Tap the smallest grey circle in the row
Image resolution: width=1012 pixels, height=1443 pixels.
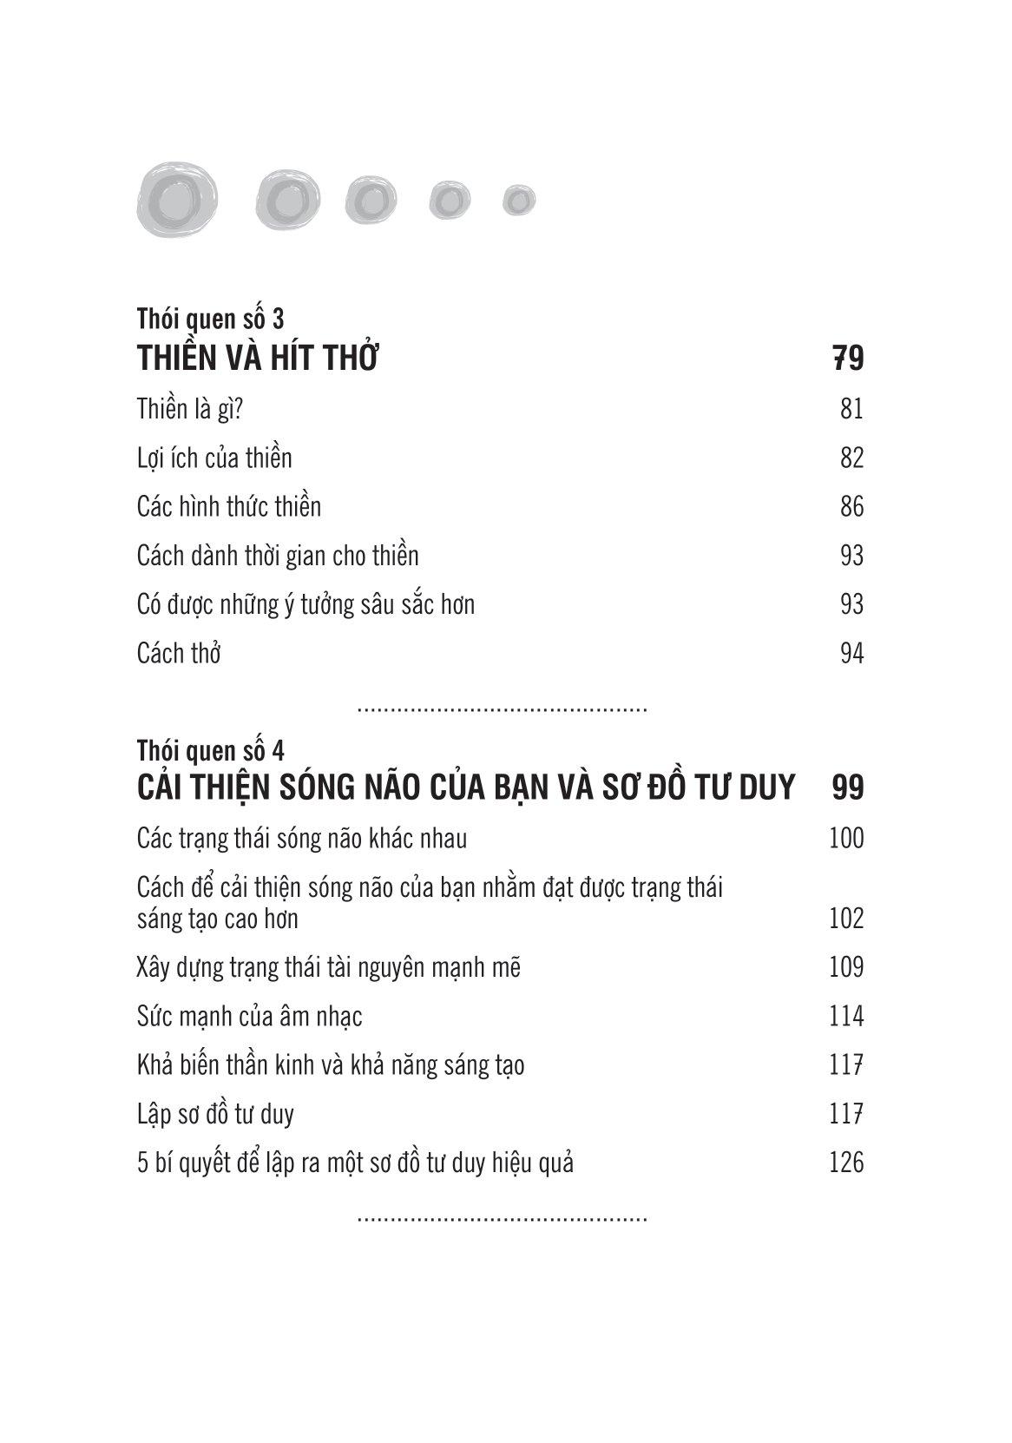pos(518,201)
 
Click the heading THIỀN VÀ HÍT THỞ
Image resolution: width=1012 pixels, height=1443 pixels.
pos(258,359)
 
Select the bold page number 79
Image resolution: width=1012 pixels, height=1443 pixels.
pos(848,359)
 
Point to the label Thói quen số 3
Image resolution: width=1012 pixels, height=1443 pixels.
pos(210,319)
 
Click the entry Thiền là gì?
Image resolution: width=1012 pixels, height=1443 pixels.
pos(189,408)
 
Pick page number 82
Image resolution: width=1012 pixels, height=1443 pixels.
pos(851,458)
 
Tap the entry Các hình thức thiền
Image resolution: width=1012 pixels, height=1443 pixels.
pos(229,506)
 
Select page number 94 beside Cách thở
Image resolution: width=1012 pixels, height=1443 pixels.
pos(851,653)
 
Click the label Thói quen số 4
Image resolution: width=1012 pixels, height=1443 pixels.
pos(210,750)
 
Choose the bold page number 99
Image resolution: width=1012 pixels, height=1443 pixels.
pos(848,787)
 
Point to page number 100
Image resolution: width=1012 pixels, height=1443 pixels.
pos(846,838)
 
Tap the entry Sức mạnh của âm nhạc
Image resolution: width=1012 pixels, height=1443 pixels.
pos(249,1016)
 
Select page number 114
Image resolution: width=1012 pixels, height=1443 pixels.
pos(846,1016)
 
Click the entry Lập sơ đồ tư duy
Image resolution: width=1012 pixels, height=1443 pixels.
pos(215,1113)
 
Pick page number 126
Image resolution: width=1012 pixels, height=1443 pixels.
pos(846,1162)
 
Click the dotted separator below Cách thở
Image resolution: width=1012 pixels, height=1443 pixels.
pos(503,710)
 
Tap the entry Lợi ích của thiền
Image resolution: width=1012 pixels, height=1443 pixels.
pos(214,458)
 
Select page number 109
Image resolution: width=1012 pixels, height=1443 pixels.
pos(846,967)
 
